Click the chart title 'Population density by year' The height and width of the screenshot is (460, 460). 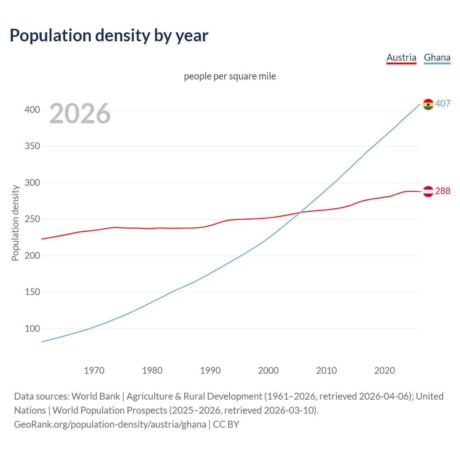[109, 36]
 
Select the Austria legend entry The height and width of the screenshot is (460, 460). [401, 57]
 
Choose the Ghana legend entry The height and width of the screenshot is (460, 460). [437, 57]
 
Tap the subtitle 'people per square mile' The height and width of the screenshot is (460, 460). [230, 76]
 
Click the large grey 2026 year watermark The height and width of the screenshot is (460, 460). [80, 114]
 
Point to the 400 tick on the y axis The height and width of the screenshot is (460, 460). [32, 110]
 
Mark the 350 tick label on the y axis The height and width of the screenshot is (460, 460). [32, 146]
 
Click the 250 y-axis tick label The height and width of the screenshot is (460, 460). [32, 219]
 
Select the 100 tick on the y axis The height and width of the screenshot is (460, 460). [32, 328]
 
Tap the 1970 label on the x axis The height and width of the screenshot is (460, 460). [94, 371]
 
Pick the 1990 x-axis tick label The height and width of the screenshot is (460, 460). [210, 371]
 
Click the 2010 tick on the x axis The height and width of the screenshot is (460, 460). [326, 371]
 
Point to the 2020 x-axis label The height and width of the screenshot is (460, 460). [385, 371]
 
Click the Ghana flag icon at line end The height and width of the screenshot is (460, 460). [428, 104]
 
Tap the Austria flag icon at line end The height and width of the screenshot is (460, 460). [428, 192]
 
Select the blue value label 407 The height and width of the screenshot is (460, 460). [443, 104]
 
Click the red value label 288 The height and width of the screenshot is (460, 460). [443, 191]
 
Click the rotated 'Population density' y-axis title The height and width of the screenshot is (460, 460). [15, 223]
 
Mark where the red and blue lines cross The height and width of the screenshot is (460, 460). [299, 213]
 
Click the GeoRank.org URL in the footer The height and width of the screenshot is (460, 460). [110, 424]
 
